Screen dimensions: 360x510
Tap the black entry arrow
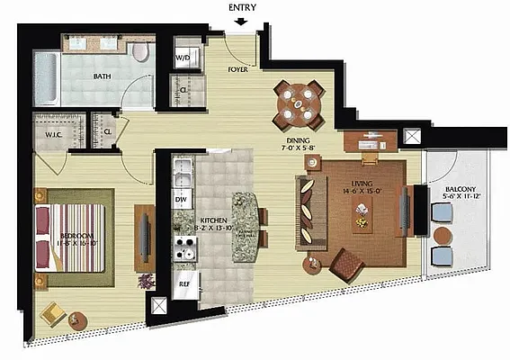237,22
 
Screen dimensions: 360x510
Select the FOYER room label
237,67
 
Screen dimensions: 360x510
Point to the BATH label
103,77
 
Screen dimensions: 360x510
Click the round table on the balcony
443,235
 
